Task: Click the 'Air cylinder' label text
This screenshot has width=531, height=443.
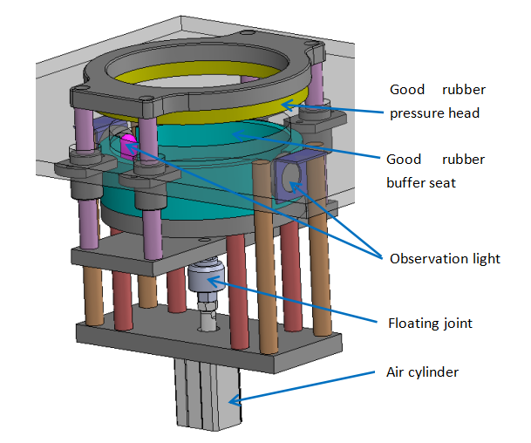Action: pos(422,372)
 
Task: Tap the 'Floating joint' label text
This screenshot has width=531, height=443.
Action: pos(430,324)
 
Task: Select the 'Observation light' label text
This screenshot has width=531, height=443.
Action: pos(445,258)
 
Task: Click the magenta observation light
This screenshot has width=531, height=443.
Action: pos(129,147)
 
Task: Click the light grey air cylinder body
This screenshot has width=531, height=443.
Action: pos(208,394)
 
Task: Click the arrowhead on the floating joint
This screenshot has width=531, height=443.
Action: pos(213,281)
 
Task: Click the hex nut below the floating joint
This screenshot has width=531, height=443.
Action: pos(208,305)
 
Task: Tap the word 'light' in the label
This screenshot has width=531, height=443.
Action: pos(483,258)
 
